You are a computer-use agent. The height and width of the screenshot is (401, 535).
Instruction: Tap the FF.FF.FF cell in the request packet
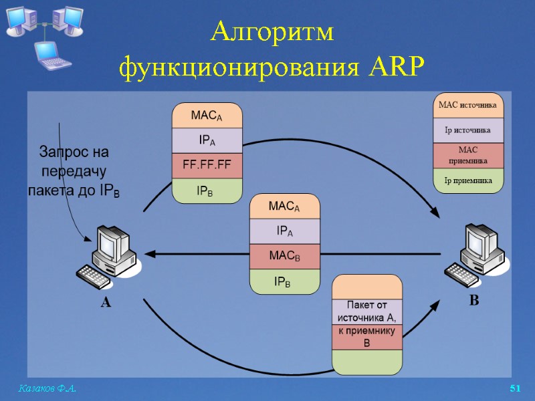207,164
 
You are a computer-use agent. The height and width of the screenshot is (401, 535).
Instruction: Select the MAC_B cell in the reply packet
284,256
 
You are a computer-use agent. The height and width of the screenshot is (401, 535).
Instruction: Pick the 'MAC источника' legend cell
467,106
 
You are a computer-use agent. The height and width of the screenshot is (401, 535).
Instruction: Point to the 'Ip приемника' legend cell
467,180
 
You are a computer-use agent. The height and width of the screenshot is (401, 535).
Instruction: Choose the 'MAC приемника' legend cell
467,156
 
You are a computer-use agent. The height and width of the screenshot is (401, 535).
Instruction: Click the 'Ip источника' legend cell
467,130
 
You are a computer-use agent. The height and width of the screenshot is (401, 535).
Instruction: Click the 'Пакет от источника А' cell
367,311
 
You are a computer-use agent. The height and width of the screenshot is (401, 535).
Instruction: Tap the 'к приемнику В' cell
367,337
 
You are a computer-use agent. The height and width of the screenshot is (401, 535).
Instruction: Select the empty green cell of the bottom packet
367,362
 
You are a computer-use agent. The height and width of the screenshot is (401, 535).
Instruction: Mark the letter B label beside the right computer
473,301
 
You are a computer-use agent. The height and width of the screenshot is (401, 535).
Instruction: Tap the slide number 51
515,389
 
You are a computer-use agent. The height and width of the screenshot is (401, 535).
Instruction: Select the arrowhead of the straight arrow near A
152,254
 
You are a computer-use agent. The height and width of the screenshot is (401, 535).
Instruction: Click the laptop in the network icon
53,55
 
